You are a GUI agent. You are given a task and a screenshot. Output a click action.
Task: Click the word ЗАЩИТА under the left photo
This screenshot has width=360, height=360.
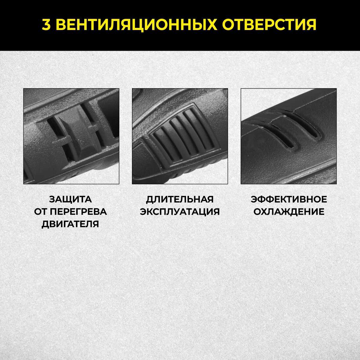[70, 199]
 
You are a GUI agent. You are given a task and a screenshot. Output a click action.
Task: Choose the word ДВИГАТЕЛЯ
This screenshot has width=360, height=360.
[70, 224]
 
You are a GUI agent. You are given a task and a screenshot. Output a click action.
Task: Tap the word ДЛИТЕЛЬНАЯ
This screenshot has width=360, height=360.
[180, 199]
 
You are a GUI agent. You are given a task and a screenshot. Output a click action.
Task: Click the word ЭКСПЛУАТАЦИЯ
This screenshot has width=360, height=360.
[180, 211]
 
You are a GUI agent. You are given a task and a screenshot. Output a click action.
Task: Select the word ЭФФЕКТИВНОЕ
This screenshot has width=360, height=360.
[289, 199]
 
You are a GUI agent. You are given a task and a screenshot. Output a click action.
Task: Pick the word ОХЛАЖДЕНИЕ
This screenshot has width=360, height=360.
[289, 211]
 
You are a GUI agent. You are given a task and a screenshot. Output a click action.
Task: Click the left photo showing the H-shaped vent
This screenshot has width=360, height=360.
[71, 136]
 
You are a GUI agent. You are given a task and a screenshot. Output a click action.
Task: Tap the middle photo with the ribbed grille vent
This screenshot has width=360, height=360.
[180, 136]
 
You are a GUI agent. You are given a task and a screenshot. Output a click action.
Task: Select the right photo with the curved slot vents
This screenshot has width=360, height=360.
[289, 136]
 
